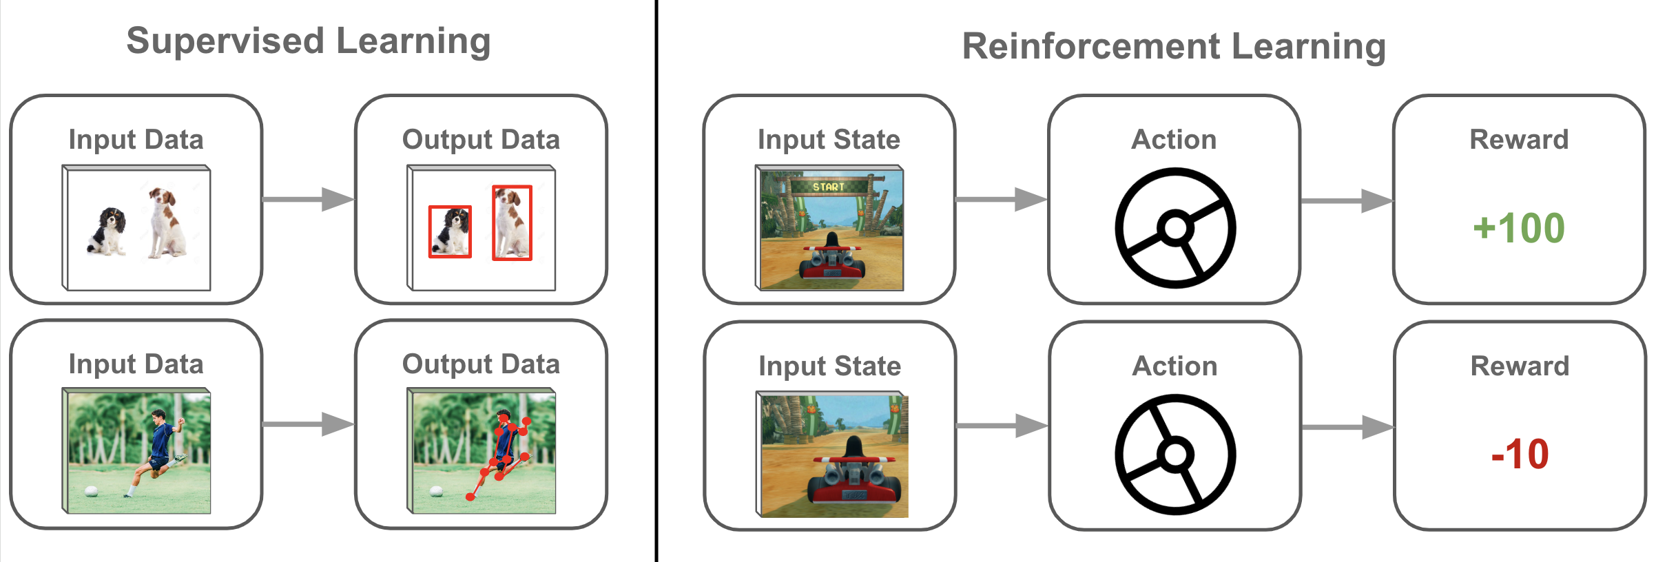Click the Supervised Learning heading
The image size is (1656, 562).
309,41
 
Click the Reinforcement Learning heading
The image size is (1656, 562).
1174,47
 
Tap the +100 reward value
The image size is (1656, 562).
1519,228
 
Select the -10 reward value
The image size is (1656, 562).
1520,454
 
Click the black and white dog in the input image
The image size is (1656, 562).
107,231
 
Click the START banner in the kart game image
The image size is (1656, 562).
828,187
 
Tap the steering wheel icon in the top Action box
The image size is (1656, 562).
1175,228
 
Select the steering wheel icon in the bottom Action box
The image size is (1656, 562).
1175,455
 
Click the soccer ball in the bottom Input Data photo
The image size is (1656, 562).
91,491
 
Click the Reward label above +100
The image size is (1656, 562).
1519,140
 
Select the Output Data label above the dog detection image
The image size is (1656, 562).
481,140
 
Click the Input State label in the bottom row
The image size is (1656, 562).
829,366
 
